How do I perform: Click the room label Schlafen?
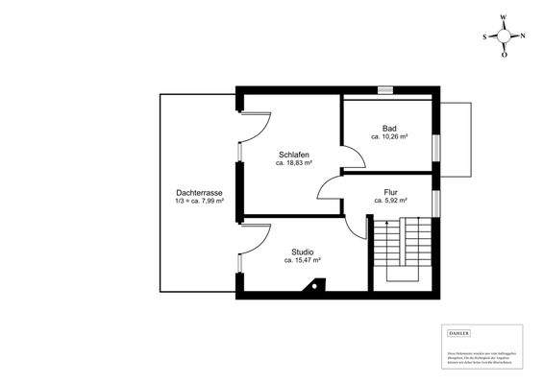pos(293,155)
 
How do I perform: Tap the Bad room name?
pos(389,129)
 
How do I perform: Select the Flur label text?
pos(391,191)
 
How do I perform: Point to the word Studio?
pos(302,252)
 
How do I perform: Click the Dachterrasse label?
pos(200,191)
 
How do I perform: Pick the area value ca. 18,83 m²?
pos(296,164)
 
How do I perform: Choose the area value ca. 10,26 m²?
pos(390,138)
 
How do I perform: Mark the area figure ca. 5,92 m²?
pos(391,201)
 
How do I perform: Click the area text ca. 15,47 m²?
pos(302,261)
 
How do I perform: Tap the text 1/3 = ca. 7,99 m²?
pos(200,201)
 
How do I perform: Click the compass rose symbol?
pos(504,36)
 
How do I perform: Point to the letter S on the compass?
pos(485,36)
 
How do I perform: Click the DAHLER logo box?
pos(460,333)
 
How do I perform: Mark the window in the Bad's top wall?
pos(385,91)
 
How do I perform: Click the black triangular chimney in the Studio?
pos(311,286)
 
